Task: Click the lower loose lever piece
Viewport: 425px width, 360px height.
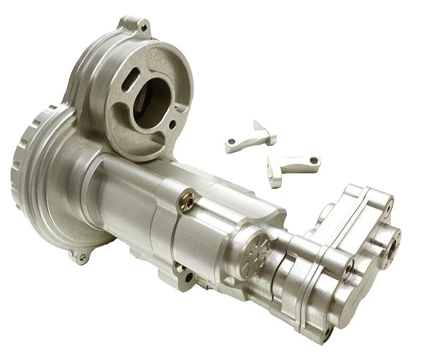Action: [x=292, y=166]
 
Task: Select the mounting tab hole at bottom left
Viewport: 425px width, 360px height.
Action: [x=81, y=258]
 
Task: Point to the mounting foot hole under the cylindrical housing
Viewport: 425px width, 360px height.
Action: [x=186, y=276]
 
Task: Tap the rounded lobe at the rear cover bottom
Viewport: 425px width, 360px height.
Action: [x=340, y=314]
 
